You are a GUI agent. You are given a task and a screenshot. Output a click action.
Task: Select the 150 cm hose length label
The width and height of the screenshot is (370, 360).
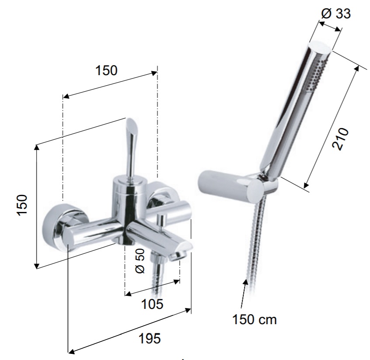click(255, 320)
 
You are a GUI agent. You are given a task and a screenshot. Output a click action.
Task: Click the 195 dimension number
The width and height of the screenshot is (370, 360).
click(150, 339)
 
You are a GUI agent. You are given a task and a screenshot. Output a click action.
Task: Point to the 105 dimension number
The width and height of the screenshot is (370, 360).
click(152, 304)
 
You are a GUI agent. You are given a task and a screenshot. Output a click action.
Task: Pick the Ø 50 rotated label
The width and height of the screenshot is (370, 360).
click(140, 261)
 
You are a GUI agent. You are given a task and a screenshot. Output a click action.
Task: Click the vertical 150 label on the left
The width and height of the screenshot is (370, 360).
click(22, 204)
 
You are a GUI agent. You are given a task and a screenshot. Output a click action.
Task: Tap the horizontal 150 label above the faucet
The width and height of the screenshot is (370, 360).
click(106, 70)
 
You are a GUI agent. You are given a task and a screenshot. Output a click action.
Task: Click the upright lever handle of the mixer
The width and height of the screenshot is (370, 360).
click(130, 149)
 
